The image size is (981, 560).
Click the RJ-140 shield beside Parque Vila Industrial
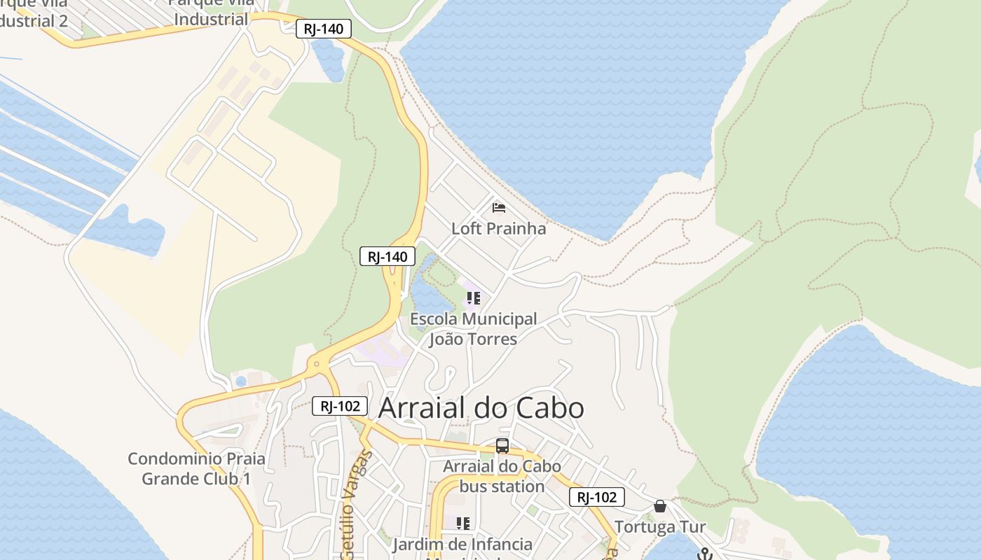[x=323, y=29]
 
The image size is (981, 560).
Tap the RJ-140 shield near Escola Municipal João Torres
[x=387, y=256]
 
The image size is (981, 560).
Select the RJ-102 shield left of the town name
[x=340, y=405]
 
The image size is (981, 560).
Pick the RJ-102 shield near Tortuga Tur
[x=596, y=497]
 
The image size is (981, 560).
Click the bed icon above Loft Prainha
[x=499, y=208]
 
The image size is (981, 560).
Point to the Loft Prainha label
[x=498, y=228]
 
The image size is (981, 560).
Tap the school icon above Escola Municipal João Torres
[x=474, y=299]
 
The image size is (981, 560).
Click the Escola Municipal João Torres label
[x=474, y=329]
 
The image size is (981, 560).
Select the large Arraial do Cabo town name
[x=481, y=408]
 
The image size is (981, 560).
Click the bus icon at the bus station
[x=502, y=446]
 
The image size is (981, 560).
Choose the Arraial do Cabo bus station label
[x=502, y=476]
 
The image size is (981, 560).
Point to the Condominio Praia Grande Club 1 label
[x=196, y=469]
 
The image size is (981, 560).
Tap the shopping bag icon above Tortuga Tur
[x=659, y=506]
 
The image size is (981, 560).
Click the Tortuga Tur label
[x=660, y=526]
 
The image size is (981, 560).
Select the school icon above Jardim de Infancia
[x=462, y=524]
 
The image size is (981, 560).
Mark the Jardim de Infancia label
[x=462, y=544]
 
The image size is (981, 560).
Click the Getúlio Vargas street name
[x=355, y=504]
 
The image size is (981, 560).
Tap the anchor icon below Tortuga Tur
[x=705, y=554]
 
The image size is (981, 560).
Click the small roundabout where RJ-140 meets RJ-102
[x=317, y=364]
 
